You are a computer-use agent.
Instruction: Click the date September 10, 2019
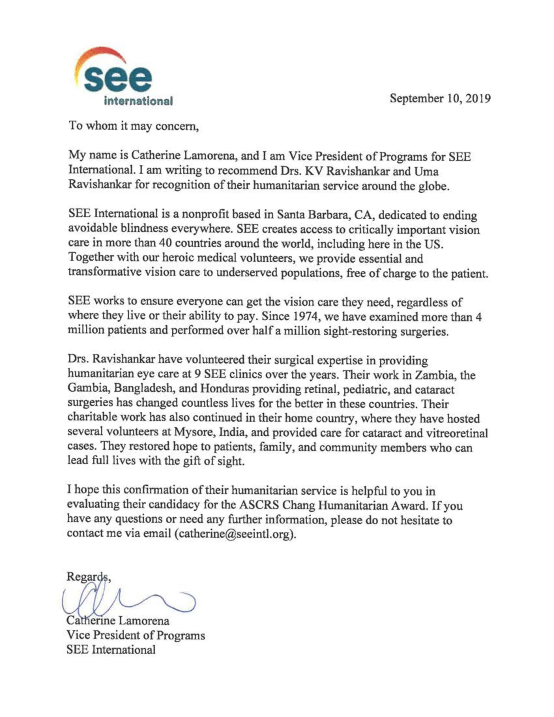(440, 98)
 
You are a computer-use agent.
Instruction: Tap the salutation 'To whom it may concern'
(134, 126)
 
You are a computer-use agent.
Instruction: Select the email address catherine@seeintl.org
(235, 534)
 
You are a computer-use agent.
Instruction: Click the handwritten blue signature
(128, 600)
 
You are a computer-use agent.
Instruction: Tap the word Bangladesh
(143, 389)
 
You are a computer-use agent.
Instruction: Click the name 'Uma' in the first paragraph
(426, 171)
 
